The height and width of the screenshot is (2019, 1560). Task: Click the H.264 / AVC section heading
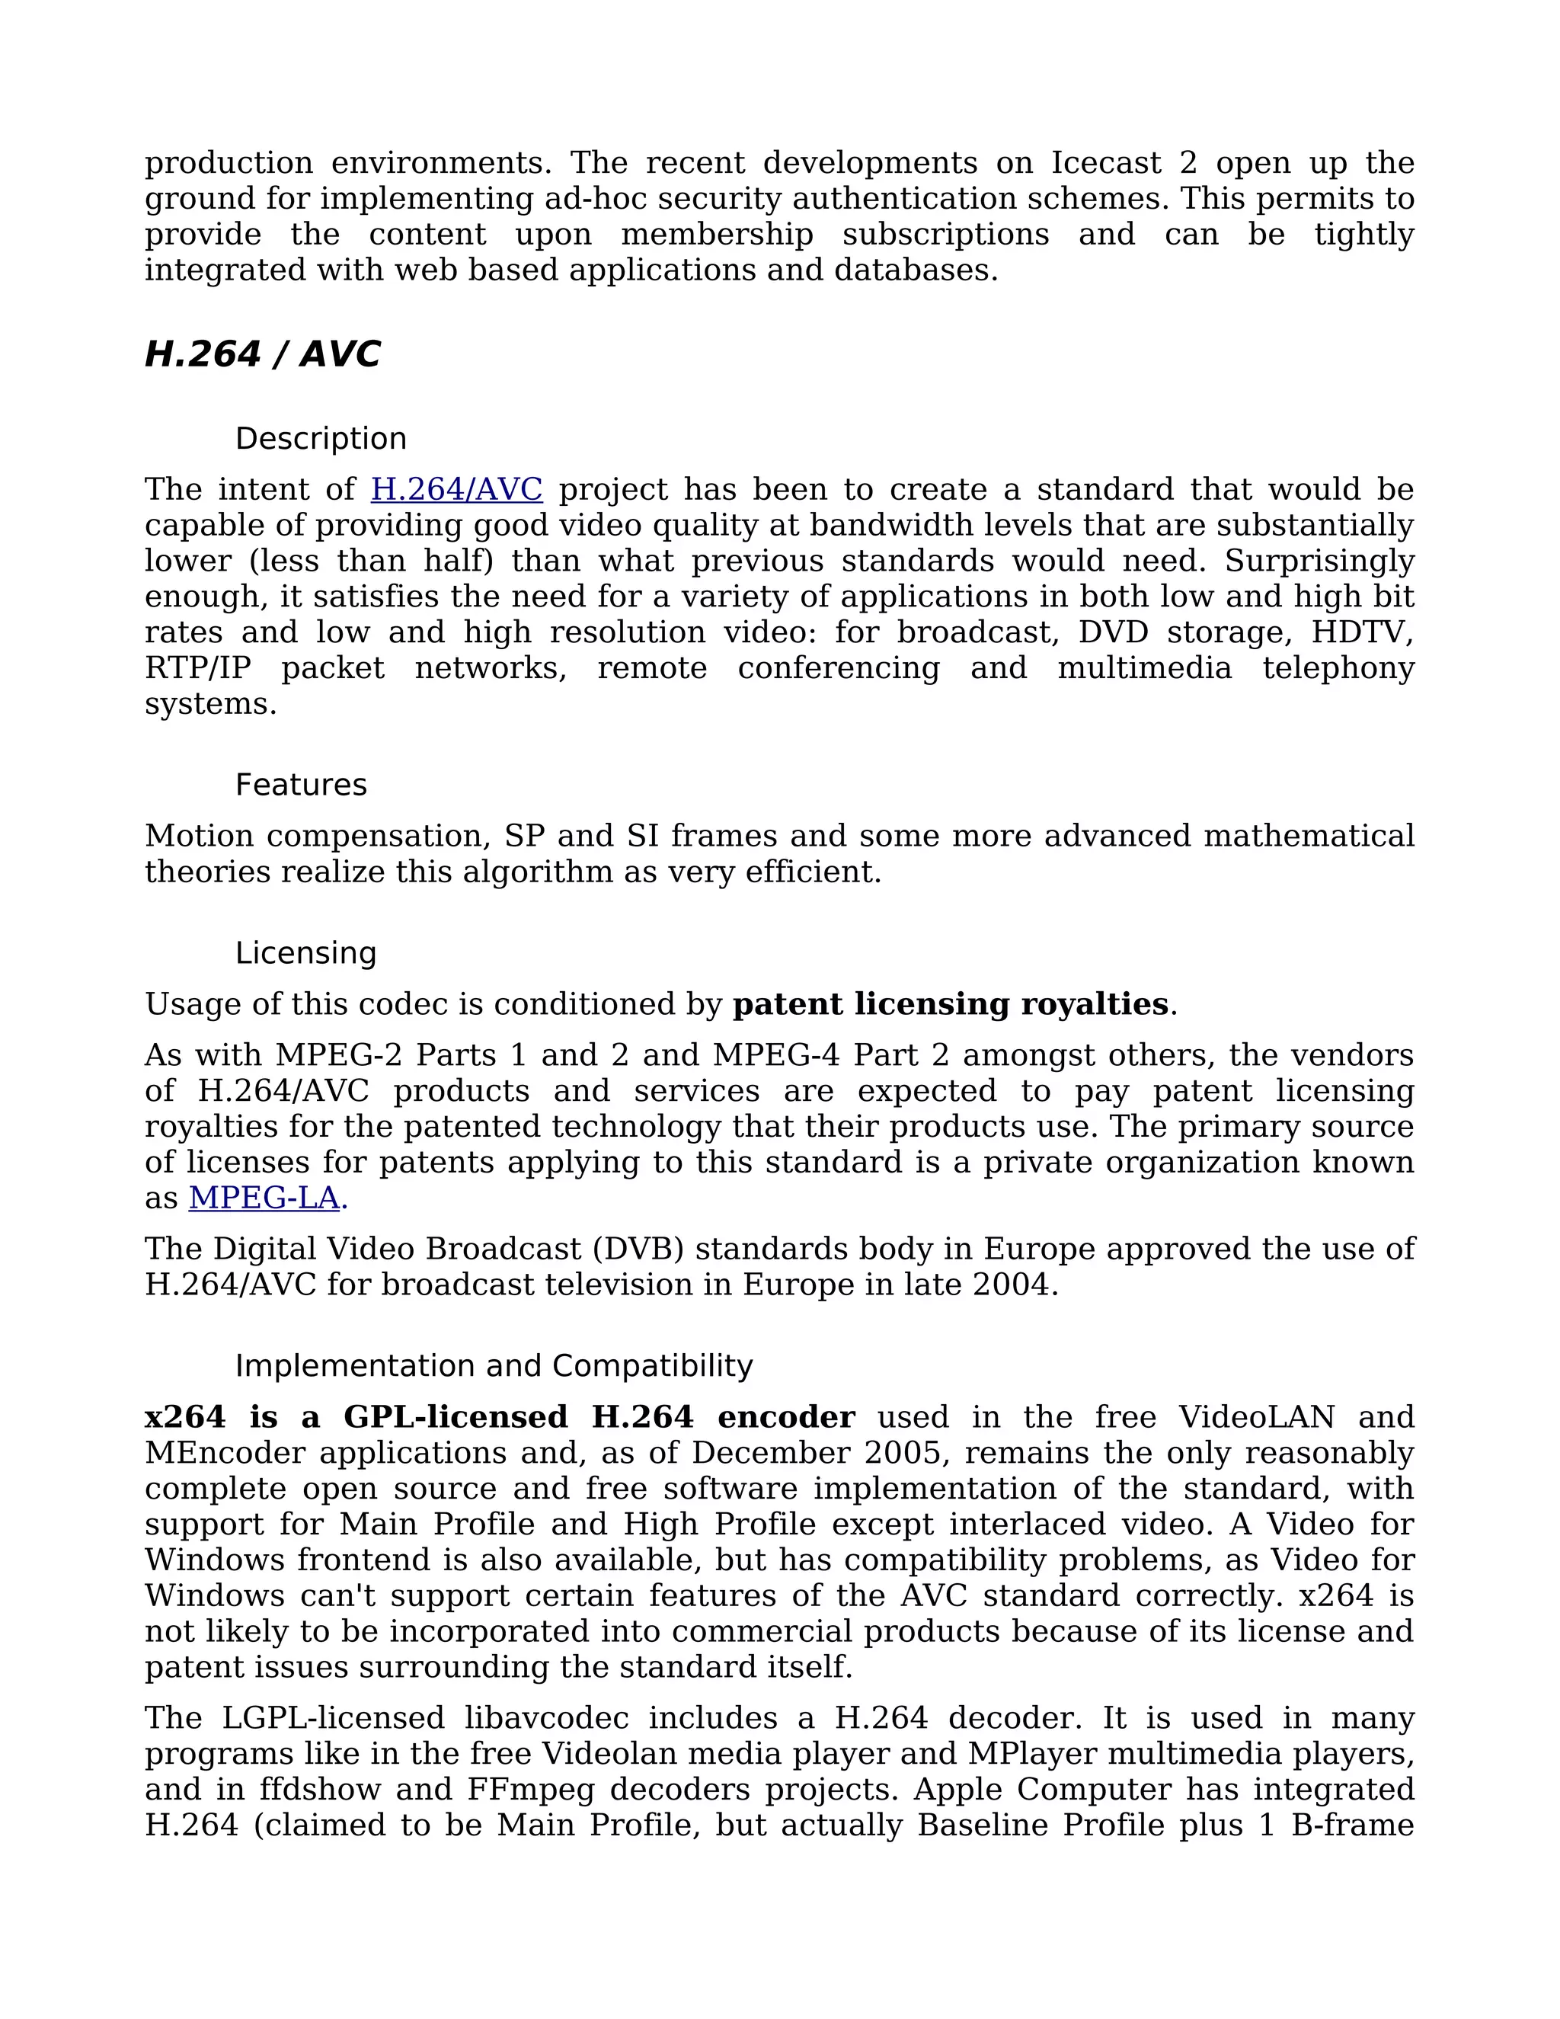(263, 355)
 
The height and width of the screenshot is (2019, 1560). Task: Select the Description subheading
(321, 438)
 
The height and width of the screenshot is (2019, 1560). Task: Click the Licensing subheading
(306, 953)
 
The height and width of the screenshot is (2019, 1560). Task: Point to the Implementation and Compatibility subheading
(494, 1366)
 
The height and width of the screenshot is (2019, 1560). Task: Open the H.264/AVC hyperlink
(456, 489)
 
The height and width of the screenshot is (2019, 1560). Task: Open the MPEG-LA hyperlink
(264, 1198)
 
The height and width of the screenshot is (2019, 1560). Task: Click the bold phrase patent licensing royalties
(950, 1005)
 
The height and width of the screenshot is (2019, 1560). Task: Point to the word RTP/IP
(198, 668)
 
